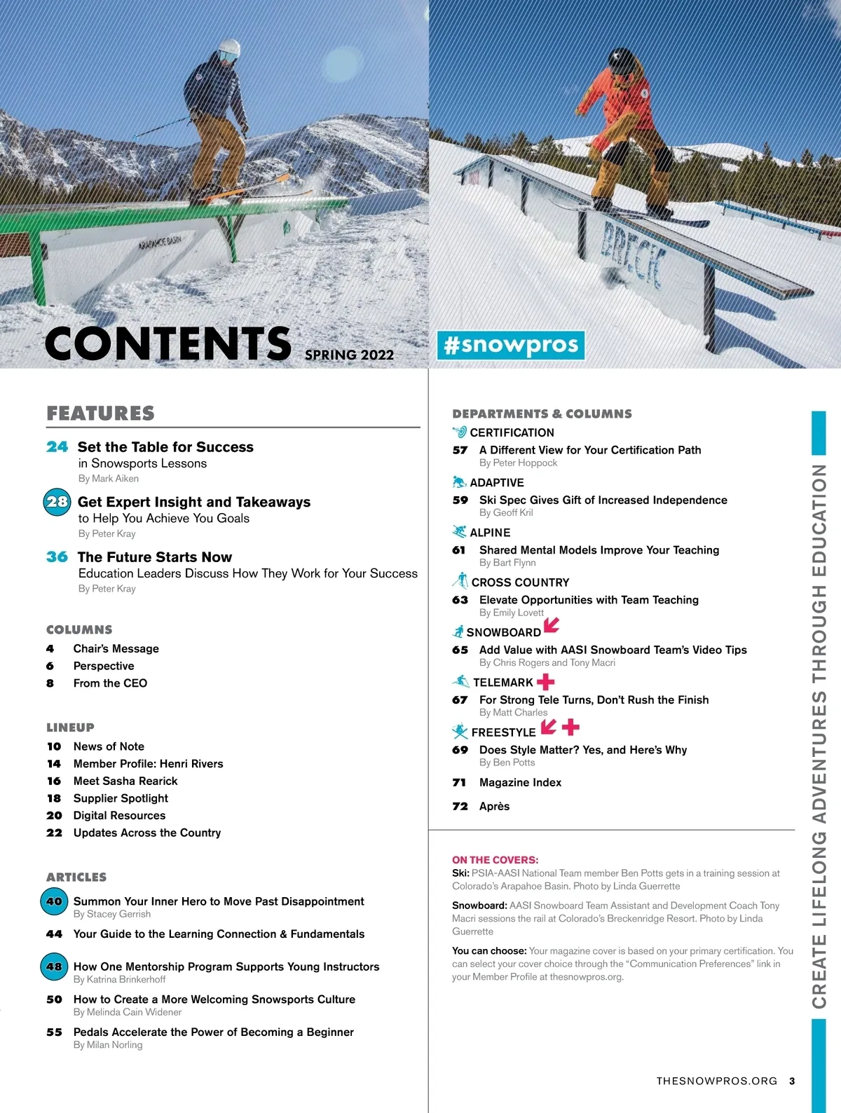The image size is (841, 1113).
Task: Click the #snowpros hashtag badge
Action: click(511, 345)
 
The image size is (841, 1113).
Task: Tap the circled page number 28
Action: click(57, 502)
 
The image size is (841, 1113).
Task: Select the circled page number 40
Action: click(54, 901)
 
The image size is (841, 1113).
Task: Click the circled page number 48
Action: click(54, 967)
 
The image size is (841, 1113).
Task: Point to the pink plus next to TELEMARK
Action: click(545, 681)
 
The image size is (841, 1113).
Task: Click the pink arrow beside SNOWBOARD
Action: click(552, 624)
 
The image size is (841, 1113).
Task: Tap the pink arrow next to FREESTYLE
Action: click(549, 727)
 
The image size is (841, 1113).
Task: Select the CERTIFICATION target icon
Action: click(460, 432)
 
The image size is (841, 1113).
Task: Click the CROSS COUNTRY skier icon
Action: click(460, 581)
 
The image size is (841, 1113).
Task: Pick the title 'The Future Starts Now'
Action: click(155, 557)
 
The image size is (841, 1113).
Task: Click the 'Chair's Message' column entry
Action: click(116, 649)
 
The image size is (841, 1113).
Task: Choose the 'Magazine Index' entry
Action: click(520, 782)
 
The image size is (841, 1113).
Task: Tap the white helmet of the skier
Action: click(229, 49)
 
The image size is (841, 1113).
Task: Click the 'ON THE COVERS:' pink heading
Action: click(495, 860)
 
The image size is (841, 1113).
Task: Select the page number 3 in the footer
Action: click(792, 1081)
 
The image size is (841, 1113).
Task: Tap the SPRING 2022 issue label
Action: click(349, 355)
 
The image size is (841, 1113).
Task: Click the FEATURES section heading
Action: click(100, 414)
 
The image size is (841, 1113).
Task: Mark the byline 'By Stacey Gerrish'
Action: click(112, 914)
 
